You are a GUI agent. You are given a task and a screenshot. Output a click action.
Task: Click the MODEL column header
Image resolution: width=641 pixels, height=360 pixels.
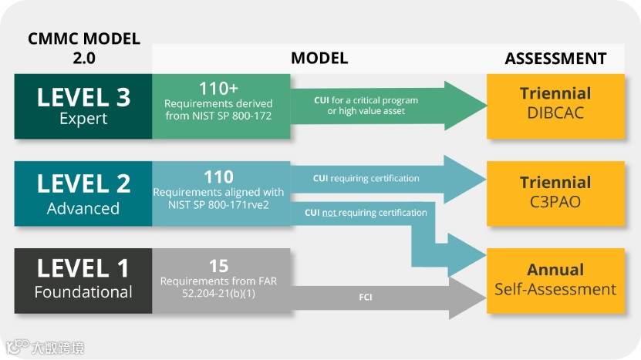click(x=319, y=59)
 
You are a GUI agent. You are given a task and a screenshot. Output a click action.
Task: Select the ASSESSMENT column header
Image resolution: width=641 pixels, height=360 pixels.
click(x=555, y=59)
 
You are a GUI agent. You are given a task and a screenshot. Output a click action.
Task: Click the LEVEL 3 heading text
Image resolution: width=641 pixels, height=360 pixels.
click(x=83, y=98)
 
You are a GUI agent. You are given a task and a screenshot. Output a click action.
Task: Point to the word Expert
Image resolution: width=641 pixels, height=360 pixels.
click(x=83, y=119)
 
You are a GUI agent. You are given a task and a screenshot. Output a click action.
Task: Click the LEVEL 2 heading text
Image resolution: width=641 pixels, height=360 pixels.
click(x=83, y=185)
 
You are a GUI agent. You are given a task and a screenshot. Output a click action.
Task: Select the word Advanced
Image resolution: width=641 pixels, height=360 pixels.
click(x=83, y=208)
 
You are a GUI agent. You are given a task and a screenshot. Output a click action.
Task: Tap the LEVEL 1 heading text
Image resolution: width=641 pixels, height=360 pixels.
click(x=83, y=269)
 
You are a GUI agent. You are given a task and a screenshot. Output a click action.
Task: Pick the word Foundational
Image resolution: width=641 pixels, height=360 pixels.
click(x=83, y=292)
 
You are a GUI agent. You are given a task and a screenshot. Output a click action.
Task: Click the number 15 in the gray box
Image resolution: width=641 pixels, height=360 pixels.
click(x=219, y=266)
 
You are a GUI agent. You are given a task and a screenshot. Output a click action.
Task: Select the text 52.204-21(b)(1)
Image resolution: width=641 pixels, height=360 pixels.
click(x=219, y=294)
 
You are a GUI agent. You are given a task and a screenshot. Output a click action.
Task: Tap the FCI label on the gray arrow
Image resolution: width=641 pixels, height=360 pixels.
click(x=366, y=297)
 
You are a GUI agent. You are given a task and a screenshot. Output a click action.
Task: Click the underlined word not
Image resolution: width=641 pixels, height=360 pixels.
click(x=329, y=213)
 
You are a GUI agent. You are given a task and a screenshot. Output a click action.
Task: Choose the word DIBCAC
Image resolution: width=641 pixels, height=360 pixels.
click(x=555, y=113)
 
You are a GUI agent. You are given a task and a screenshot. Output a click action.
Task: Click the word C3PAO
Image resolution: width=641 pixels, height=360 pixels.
click(x=555, y=202)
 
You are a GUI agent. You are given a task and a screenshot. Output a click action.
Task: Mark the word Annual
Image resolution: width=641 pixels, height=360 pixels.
click(x=555, y=271)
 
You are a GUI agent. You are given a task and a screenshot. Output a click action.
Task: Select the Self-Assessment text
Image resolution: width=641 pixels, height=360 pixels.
click(x=555, y=290)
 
